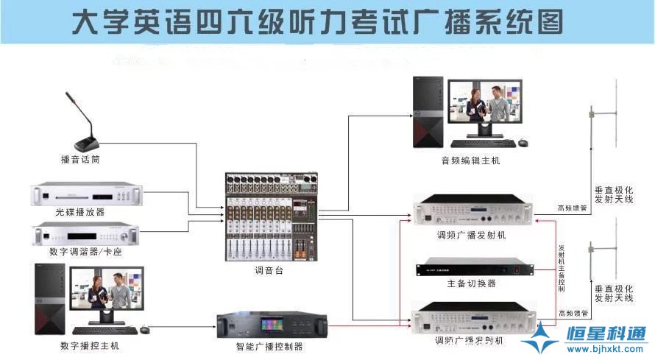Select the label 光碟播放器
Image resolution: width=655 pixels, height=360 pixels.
tap(79, 212)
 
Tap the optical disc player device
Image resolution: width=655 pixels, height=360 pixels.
tap(86, 195)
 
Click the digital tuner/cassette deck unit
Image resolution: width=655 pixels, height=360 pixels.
tap(86, 235)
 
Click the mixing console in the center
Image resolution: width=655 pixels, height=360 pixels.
tap(272, 218)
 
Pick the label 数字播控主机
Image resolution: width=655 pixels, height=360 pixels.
tap(89, 345)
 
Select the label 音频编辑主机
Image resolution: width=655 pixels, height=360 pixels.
tap(470, 160)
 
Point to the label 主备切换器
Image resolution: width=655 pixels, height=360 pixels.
tap(471, 283)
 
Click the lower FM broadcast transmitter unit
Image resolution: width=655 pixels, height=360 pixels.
tap(471, 319)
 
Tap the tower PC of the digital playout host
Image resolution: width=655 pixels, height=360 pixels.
tap(49, 299)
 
